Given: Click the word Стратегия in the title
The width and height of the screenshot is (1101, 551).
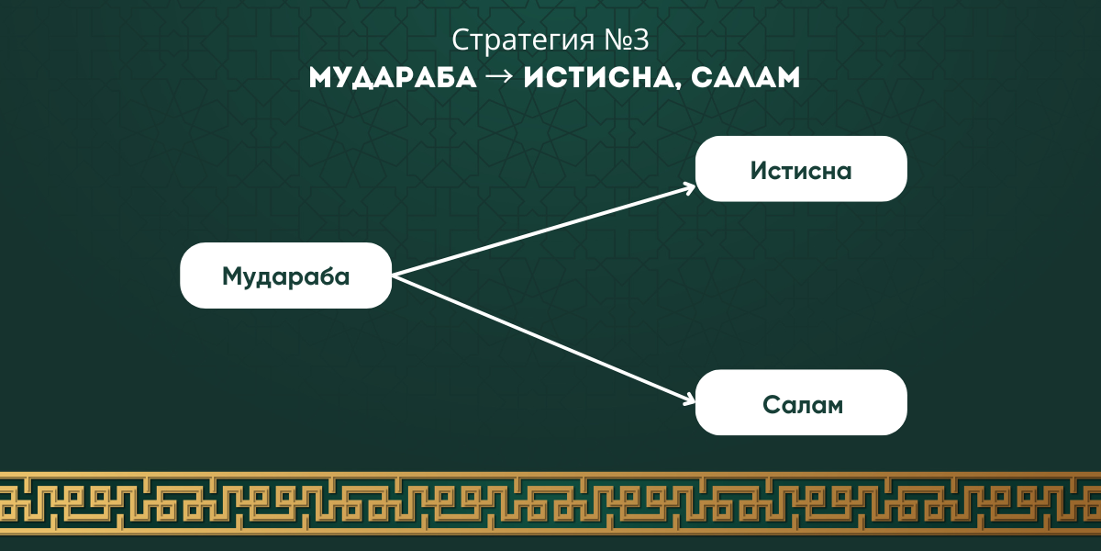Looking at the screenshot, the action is click(523, 40).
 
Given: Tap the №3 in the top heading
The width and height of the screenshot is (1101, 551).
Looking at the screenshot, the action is click(627, 39).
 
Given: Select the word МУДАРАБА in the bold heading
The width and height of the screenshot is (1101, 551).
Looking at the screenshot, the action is click(393, 78).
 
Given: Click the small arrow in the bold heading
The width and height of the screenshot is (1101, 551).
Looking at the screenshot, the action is click(500, 77).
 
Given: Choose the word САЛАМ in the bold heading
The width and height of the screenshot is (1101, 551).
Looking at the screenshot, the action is click(746, 78).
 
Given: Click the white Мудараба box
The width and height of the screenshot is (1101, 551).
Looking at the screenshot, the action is click(286, 275).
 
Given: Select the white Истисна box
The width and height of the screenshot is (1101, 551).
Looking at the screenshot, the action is click(801, 169).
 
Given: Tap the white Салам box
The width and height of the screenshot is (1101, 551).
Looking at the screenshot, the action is click(801, 402).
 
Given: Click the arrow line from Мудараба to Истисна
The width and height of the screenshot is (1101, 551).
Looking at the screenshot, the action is click(544, 231).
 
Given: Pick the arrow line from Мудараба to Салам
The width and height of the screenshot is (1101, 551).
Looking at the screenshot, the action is click(544, 340).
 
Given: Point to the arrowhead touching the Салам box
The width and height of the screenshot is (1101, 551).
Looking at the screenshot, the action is click(689, 400).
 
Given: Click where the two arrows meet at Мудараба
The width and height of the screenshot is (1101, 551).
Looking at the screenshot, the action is click(394, 276).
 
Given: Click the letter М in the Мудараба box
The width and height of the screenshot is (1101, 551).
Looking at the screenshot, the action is click(233, 275).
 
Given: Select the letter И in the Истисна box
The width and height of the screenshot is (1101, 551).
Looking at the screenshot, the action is click(760, 171).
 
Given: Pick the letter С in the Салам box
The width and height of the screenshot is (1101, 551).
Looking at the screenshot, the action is click(773, 405).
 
